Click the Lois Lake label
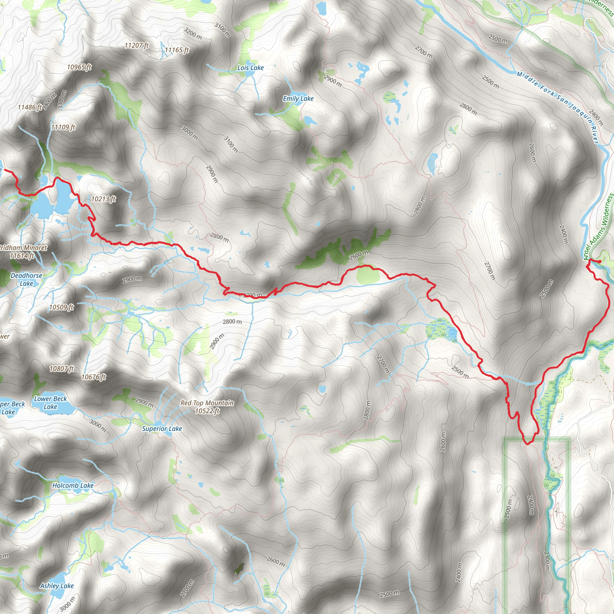tap(250, 68)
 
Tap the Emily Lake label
tap(298, 99)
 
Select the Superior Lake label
tap(162, 429)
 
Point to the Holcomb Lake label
tap(73, 485)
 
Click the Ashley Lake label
tap(57, 586)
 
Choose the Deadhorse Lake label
tap(26, 279)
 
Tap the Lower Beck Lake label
tap(51, 403)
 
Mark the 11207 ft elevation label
tap(136, 46)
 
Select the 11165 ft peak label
tap(177, 50)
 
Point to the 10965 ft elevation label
tap(79, 67)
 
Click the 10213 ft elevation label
tap(103, 199)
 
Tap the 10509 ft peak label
tap(61, 307)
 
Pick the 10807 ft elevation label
tap(62, 369)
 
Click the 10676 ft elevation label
tap(94, 377)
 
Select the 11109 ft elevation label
tap(63, 127)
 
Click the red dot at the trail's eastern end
tap(599, 261)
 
